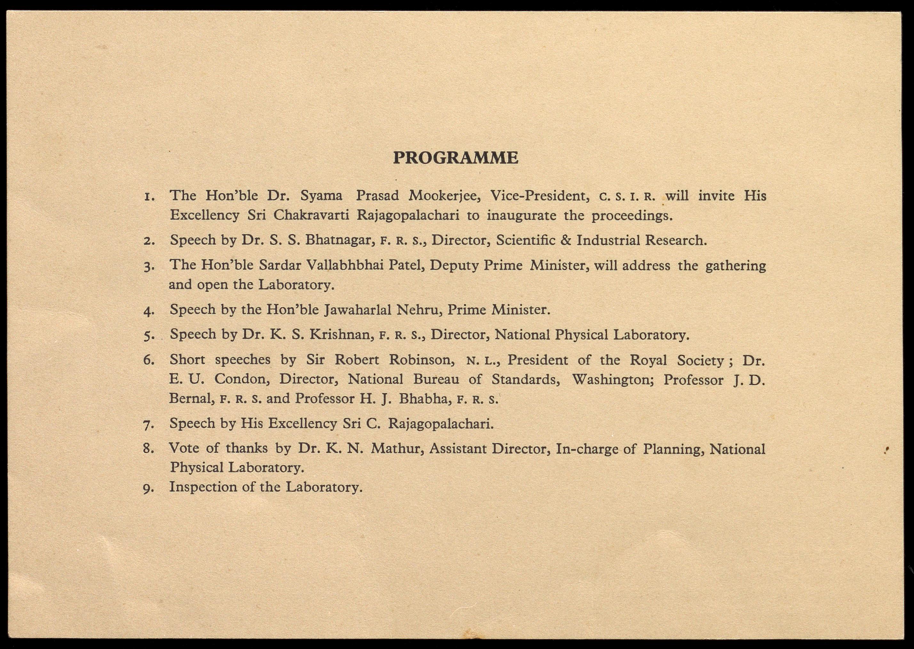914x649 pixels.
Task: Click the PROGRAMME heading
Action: (x=456, y=158)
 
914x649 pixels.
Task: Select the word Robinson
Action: (x=422, y=360)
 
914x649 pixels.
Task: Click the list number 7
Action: (x=149, y=425)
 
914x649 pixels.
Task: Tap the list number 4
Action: (x=149, y=311)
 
